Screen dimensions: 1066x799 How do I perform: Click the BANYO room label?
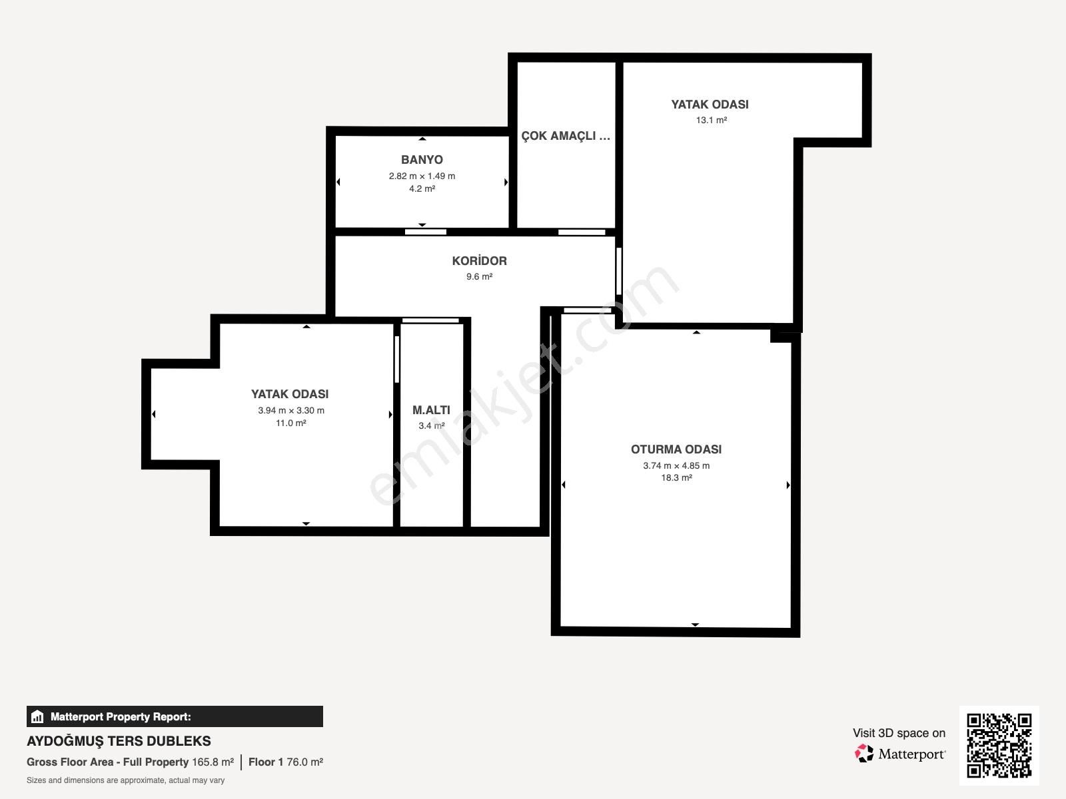(x=422, y=160)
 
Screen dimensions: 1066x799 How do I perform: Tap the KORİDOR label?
(x=479, y=260)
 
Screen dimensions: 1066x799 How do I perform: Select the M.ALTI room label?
(x=431, y=410)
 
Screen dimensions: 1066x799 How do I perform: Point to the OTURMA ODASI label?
(x=676, y=449)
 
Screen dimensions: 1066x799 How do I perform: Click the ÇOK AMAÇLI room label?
(x=566, y=136)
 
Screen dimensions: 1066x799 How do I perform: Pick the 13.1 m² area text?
(x=712, y=120)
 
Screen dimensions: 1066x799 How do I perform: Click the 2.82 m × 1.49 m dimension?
(x=422, y=176)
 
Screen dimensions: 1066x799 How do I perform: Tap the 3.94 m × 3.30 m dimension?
(x=291, y=410)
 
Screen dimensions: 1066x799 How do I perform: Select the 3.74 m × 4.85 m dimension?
(x=676, y=465)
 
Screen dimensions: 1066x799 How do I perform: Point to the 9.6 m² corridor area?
(x=479, y=276)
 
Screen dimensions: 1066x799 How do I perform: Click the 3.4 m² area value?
(x=431, y=425)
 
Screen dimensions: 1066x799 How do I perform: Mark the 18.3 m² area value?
(x=676, y=477)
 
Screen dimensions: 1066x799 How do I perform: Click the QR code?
(x=999, y=745)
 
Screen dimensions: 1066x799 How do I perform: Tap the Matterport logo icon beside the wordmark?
(x=864, y=754)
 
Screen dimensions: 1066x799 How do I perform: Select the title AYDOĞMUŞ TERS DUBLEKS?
(x=119, y=741)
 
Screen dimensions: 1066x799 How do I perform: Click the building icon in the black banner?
(x=37, y=716)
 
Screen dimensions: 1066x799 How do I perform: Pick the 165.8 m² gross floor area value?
(x=213, y=762)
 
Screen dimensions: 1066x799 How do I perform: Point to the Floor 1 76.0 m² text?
(x=286, y=762)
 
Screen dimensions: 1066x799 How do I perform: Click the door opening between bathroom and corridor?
(x=426, y=232)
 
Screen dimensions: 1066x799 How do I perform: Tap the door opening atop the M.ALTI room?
(x=430, y=320)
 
